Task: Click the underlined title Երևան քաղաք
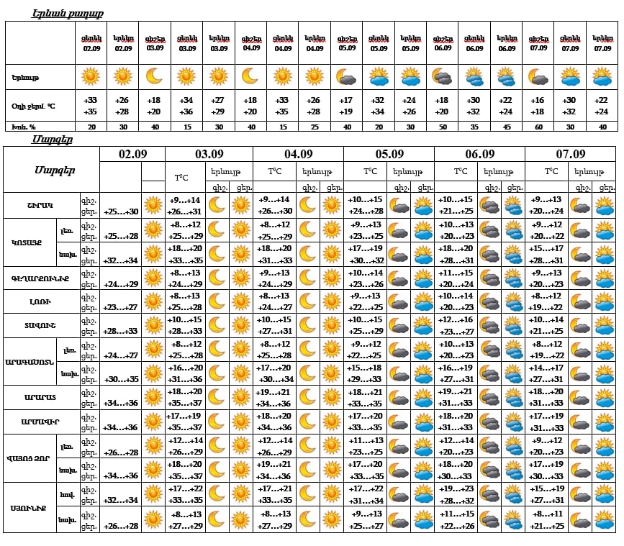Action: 68,14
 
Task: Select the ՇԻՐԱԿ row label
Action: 40,204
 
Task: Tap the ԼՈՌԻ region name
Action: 40,301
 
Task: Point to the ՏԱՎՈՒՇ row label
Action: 40,325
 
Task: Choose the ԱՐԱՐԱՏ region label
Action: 40,397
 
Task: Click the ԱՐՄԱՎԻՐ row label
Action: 40,422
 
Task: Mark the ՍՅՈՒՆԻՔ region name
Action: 29,508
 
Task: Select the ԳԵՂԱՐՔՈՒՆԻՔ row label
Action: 40,277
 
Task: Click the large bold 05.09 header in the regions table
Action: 389,154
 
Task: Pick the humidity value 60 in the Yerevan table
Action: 538,127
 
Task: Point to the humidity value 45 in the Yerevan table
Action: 507,127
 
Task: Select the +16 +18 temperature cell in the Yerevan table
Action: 538,106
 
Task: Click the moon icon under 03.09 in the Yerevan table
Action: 154,76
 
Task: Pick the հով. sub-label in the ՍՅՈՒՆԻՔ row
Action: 68,495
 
